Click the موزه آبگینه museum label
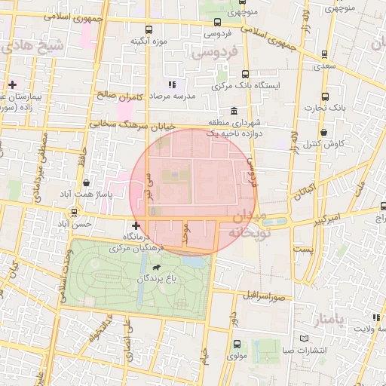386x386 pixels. point(149,41)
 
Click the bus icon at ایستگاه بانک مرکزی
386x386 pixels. point(245,75)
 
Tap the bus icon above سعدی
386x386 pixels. point(324,54)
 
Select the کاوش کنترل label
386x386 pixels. point(332,143)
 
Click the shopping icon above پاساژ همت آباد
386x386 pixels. point(88,182)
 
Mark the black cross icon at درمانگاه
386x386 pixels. point(136,225)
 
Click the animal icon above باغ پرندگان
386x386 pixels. point(156,268)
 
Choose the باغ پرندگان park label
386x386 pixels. point(156,279)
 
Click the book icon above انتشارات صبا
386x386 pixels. point(304,339)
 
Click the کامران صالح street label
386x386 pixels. point(115,96)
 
